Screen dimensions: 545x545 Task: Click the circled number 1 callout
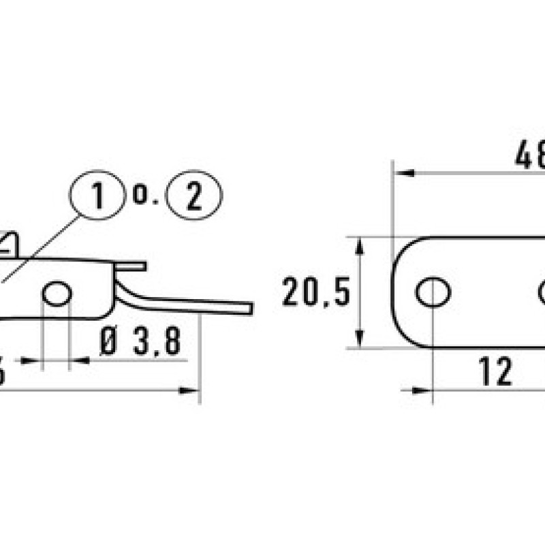click(97, 196)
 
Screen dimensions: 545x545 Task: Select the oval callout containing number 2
click(194, 196)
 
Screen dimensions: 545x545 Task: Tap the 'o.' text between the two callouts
click(145, 196)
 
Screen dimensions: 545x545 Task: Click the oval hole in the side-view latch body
click(57, 294)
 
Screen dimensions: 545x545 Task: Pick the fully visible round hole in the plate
click(433, 292)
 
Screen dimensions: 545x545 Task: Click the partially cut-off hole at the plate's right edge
click(542, 292)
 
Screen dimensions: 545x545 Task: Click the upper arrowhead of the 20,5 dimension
click(360, 245)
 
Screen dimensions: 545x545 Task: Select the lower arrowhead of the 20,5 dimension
click(360, 340)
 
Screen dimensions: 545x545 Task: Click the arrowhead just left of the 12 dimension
click(422, 390)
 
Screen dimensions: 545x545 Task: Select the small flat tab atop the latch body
click(131, 266)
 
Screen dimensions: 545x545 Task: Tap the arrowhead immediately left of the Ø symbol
click(80, 360)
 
